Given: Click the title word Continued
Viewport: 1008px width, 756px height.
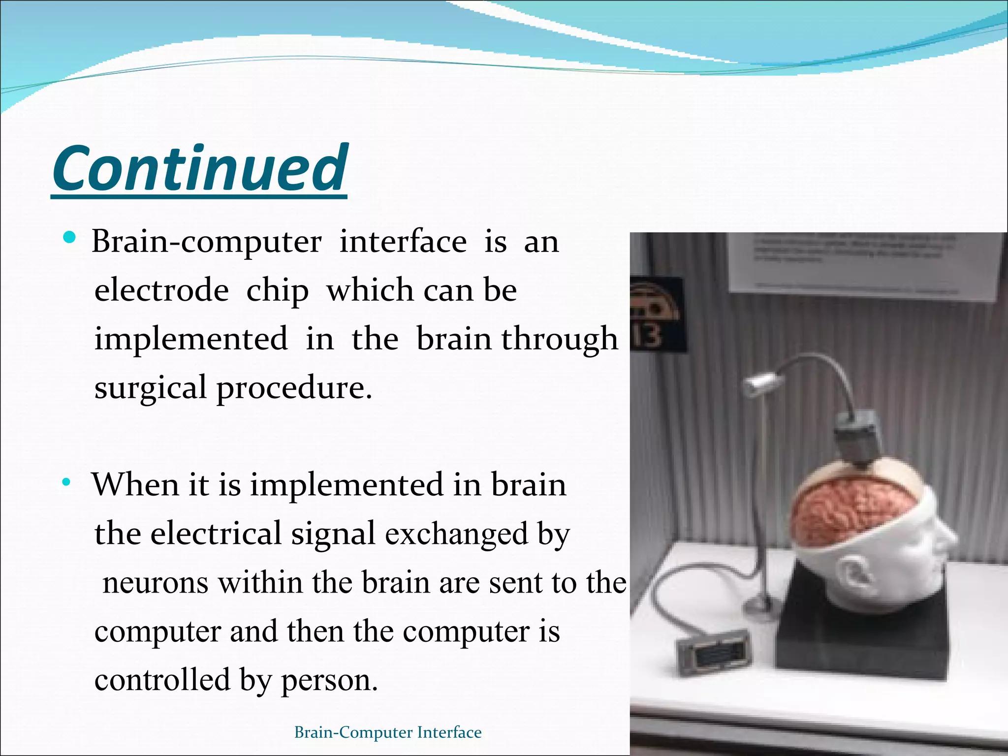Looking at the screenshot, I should [200, 168].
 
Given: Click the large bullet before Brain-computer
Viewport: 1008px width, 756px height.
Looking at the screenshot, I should [69, 238].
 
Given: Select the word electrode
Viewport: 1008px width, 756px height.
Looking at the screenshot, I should [161, 290].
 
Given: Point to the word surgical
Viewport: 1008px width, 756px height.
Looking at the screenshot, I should [150, 388].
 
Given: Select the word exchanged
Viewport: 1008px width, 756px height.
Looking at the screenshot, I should [456, 534].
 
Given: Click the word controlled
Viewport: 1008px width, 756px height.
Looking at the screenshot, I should [162, 680].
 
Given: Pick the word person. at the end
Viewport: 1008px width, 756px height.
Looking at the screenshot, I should [329, 681].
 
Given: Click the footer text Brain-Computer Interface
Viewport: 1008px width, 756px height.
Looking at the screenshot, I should [387, 732].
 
